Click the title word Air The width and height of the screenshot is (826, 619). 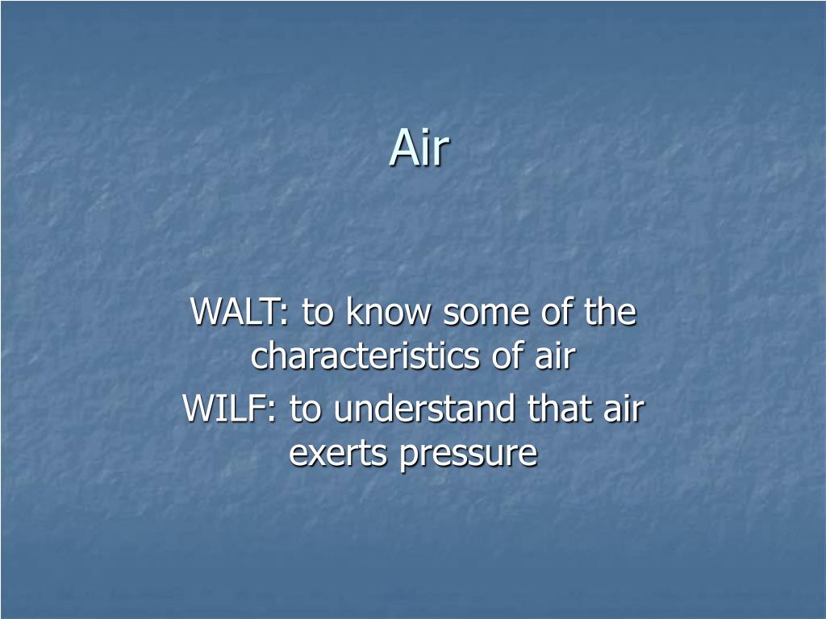[x=419, y=149]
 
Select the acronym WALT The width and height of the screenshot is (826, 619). [x=237, y=313]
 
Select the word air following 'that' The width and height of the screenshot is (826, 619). [x=624, y=409]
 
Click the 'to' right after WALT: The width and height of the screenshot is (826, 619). [x=319, y=313]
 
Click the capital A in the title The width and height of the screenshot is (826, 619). [x=403, y=149]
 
